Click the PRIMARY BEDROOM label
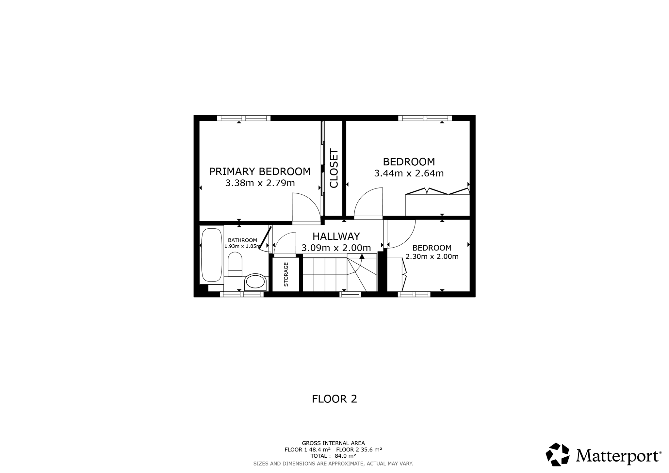260,171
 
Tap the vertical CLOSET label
334,169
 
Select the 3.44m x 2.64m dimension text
409,173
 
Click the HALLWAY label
336,236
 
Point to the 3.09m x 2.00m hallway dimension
336,248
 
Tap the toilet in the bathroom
235,264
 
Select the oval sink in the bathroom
255,282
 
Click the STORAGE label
286,274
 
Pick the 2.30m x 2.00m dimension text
432,257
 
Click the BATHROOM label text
242,240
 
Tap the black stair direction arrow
362,256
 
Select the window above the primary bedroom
244,118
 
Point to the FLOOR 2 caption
334,399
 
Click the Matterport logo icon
558,454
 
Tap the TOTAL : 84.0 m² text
333,456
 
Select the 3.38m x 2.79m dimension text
260,183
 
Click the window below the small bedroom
414,294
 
